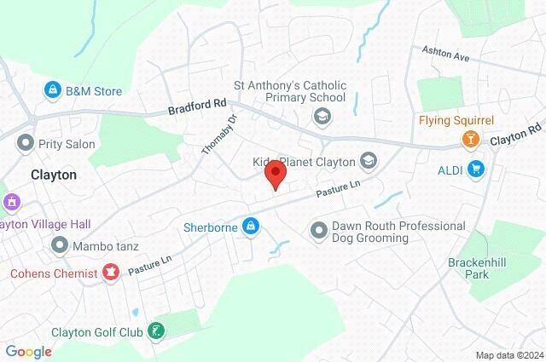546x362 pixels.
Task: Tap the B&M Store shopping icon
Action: click(x=53, y=90)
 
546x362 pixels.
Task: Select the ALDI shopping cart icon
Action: click(x=476, y=170)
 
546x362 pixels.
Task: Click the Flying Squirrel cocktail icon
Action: click(x=469, y=138)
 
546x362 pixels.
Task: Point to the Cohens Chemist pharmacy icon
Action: click(x=110, y=273)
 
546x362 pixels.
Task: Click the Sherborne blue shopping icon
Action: click(x=251, y=227)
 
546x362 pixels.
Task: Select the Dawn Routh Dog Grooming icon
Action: click(x=319, y=229)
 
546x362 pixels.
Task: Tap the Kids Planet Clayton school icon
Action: click(x=369, y=160)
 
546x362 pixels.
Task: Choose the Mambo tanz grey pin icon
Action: click(x=59, y=246)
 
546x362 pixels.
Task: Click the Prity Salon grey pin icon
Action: click(x=23, y=145)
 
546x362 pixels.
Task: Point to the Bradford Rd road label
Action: click(x=197, y=107)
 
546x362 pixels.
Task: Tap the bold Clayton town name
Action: click(x=53, y=174)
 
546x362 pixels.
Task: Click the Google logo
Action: click(x=28, y=351)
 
